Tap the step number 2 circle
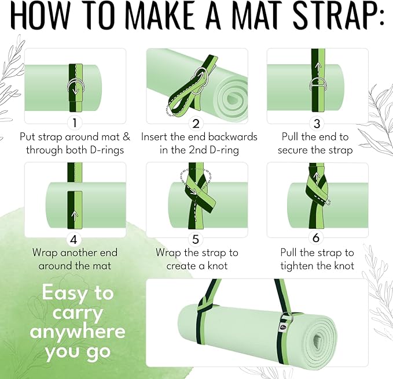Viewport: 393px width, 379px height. coord(196,123)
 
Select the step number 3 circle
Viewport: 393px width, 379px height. coord(316,123)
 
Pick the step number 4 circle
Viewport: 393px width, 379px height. coord(75,238)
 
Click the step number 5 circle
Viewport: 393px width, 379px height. coord(197,238)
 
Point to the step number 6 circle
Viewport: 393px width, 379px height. coord(317,238)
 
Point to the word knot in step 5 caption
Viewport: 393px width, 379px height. coord(215,266)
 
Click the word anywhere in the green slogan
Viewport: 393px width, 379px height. coord(78,332)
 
